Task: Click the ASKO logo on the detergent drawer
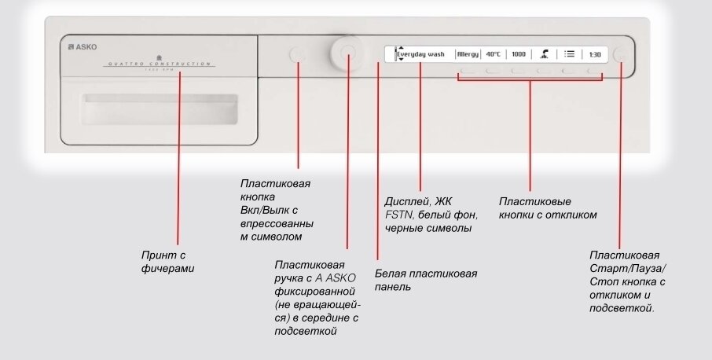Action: pos(83,47)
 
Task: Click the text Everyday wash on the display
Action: pos(420,54)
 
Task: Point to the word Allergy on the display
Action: pos(468,54)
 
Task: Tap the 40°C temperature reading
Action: pos(493,54)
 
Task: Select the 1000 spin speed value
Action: pos(518,54)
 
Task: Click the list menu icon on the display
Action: pos(570,54)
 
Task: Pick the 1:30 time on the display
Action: pos(595,54)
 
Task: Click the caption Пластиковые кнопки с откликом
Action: pos(548,208)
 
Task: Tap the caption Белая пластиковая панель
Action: pos(425,280)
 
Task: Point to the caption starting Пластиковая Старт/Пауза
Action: pos(628,281)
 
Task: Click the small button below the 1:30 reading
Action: pos(593,72)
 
